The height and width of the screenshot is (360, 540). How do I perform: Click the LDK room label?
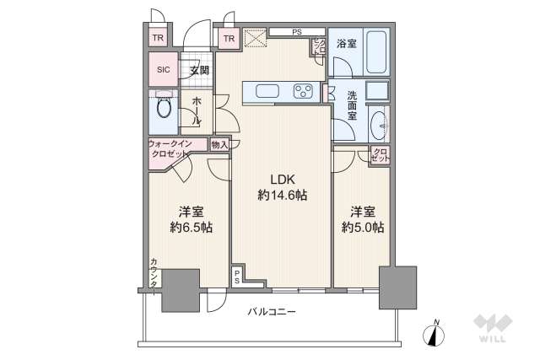pos(282,178)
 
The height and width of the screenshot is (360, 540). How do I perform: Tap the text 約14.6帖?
pos(282,195)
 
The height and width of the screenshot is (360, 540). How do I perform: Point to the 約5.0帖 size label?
pos(363,227)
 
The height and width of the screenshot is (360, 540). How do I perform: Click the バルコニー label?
pos(272,312)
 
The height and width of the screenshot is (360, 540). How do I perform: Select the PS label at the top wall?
pos(297,33)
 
